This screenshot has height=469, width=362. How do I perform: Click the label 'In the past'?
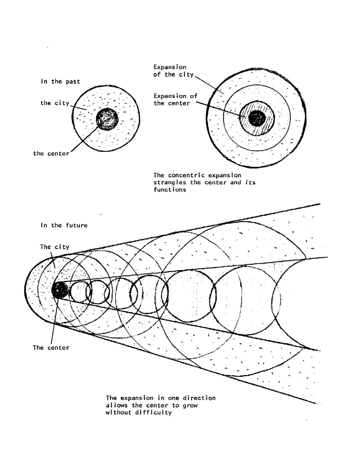[61, 82]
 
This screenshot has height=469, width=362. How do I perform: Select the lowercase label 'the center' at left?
[51, 154]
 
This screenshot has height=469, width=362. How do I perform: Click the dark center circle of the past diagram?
[107, 119]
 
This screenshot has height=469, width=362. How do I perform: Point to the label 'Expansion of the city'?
[173, 71]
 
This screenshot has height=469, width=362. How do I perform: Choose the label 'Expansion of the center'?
[175, 100]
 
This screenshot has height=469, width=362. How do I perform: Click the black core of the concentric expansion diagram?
[257, 118]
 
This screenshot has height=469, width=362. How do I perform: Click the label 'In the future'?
[64, 225]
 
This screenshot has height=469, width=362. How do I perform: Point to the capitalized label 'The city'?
[54, 247]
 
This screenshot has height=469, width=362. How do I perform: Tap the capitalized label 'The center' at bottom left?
[51, 348]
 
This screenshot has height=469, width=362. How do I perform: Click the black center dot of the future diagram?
[60, 290]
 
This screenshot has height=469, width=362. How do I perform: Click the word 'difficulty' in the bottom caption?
[155, 413]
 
